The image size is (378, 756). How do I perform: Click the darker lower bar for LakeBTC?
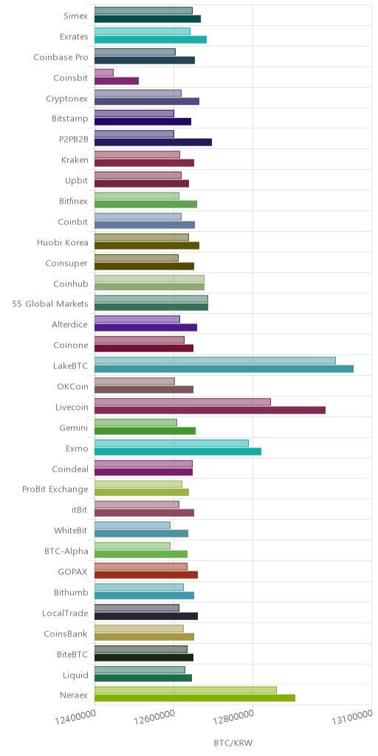[224, 369]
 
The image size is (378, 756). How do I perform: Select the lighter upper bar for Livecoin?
[183, 402]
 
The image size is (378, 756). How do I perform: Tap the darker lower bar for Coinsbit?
[117, 80]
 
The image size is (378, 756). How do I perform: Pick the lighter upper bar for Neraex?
[185, 690]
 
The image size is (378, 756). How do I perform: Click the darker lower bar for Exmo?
[178, 451]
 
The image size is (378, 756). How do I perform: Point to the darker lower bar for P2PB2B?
[154, 142]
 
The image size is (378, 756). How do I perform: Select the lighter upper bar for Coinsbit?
[104, 72]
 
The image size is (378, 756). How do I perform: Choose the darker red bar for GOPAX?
[146, 574]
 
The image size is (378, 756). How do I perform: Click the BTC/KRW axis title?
[233, 743]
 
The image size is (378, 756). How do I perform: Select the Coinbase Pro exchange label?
[61, 58]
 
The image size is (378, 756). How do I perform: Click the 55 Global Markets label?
[50, 303]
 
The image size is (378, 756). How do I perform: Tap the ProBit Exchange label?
[55, 489]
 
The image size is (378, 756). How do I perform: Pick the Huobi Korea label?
[63, 242]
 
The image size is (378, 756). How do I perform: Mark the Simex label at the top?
[76, 16]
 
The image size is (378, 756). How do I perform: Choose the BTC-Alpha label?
[66, 551]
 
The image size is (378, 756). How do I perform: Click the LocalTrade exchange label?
[66, 613]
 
